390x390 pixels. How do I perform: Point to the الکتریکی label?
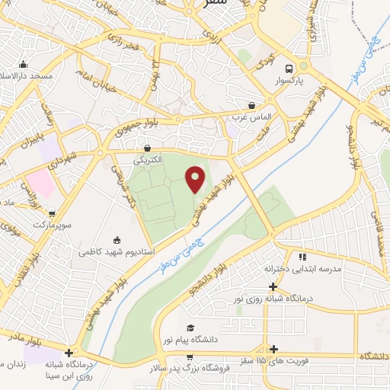(148, 161)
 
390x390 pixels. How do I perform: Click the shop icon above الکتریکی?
(147, 149)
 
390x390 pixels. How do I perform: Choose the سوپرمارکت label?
(50, 225)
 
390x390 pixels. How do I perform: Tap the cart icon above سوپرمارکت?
(51, 214)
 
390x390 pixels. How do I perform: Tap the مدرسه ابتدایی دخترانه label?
(302, 269)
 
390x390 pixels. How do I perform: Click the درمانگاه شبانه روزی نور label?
(273, 298)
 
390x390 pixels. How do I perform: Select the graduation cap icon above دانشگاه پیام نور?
(190, 328)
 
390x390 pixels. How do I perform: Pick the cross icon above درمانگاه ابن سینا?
(69, 353)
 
